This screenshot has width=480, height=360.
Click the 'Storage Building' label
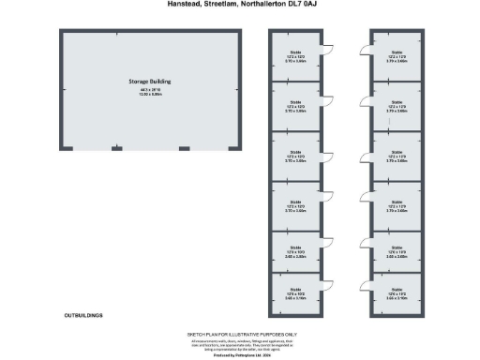click(150, 82)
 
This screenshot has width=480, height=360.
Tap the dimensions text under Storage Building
click(150, 92)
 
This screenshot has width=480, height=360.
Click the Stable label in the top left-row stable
click(295, 52)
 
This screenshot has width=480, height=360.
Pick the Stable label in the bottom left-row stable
click(295, 290)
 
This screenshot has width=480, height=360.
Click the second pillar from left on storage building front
click(116, 148)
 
